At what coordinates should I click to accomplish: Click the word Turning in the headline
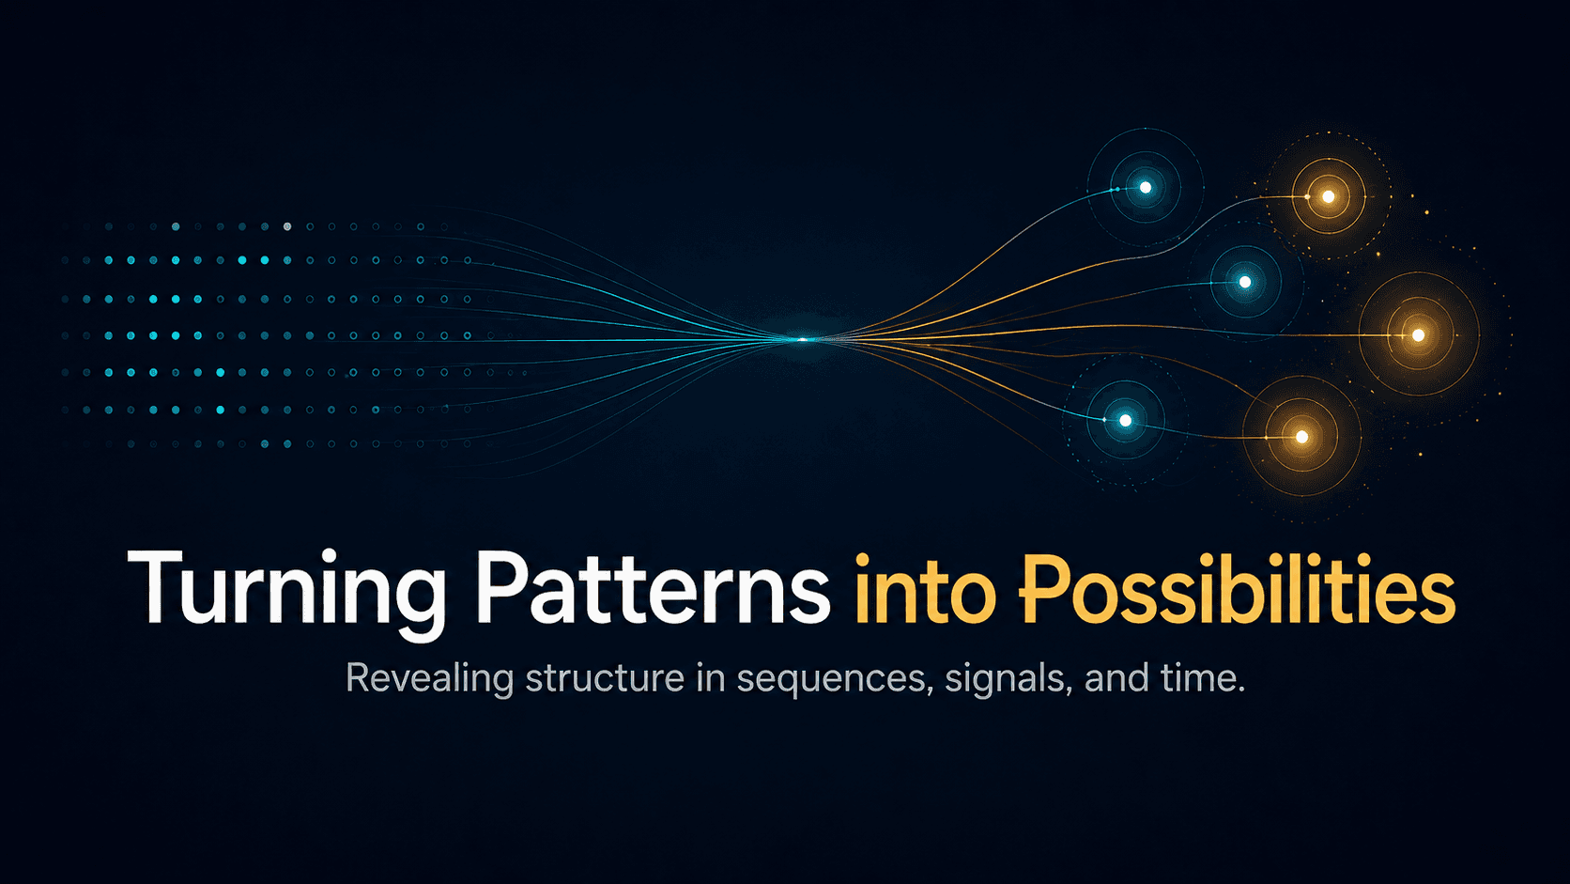(286, 589)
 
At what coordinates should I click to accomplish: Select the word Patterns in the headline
(652, 589)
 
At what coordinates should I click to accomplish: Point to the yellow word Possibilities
(1237, 589)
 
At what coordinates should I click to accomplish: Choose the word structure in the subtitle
(605, 678)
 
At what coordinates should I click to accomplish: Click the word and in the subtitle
(1116, 677)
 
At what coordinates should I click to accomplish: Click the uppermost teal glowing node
(1145, 188)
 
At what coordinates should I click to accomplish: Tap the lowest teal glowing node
(1125, 420)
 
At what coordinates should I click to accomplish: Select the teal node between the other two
(1245, 282)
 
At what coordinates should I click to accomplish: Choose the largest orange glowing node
(1418, 335)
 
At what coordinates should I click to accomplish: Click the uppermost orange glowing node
(1328, 196)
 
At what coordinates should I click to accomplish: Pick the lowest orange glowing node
(1301, 437)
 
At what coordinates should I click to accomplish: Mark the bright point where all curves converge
(802, 339)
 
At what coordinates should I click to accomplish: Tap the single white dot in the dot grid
(287, 226)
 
